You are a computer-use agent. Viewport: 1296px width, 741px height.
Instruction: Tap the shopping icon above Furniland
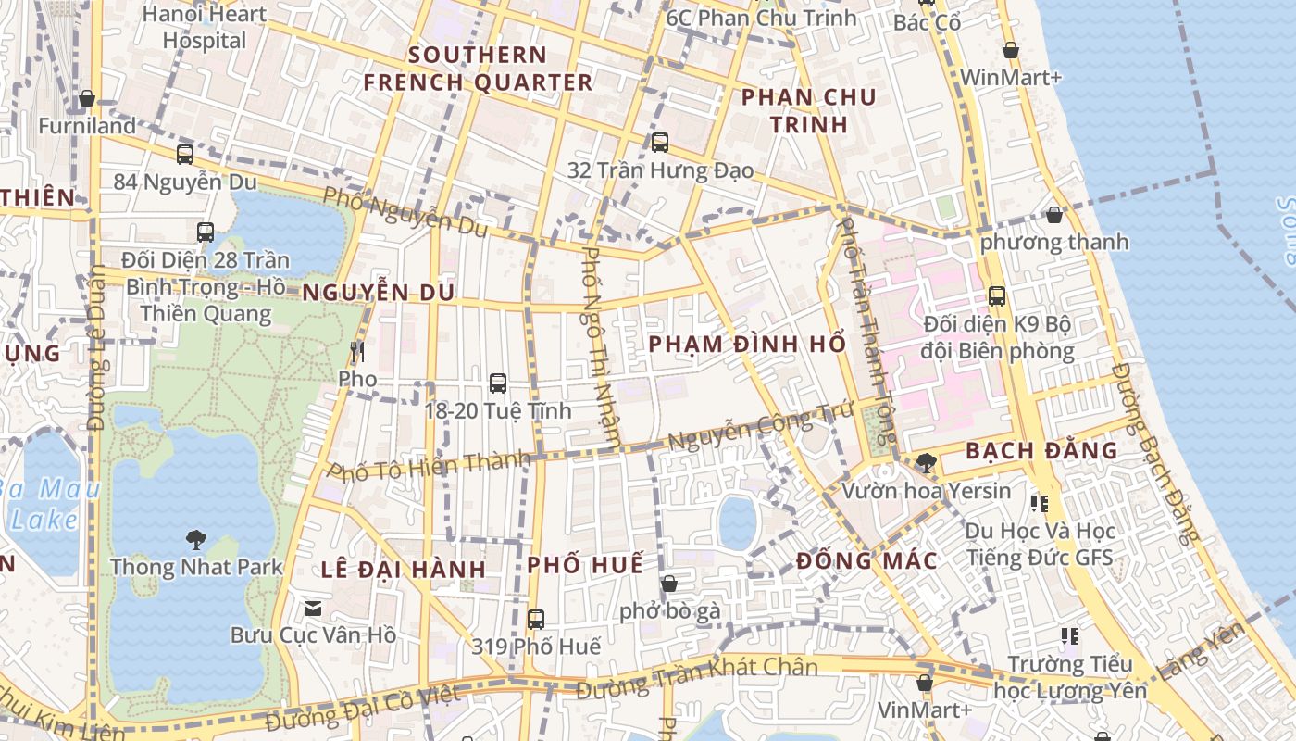pyautogui.click(x=87, y=98)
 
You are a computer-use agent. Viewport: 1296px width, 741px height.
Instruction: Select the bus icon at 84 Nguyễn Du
pyautogui.click(x=185, y=154)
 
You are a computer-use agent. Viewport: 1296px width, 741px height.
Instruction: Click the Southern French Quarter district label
pyautogui.click(x=478, y=69)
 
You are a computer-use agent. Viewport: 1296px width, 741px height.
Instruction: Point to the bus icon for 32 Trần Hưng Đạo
pyautogui.click(x=660, y=143)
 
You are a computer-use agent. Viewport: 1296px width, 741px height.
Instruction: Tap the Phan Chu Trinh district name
pyautogui.click(x=808, y=110)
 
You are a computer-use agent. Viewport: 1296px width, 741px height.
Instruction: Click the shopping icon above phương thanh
pyautogui.click(x=1053, y=215)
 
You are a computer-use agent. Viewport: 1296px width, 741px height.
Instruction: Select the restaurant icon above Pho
pyautogui.click(x=357, y=351)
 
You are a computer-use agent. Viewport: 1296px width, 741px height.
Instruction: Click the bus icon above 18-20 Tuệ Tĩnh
pyautogui.click(x=498, y=383)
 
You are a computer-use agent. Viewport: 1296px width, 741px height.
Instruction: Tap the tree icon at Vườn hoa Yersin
pyautogui.click(x=926, y=462)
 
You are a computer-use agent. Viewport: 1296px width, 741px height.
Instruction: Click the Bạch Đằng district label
pyautogui.click(x=1041, y=451)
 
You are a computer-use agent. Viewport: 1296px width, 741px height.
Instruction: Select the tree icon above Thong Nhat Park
pyautogui.click(x=195, y=538)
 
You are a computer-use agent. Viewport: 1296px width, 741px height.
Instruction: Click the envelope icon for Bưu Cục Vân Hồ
pyautogui.click(x=313, y=608)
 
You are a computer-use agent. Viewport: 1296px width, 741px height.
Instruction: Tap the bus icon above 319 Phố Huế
pyautogui.click(x=536, y=619)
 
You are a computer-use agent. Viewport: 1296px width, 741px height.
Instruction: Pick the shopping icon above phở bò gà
pyautogui.click(x=669, y=584)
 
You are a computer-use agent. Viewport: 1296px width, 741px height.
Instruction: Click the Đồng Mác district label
pyautogui.click(x=866, y=560)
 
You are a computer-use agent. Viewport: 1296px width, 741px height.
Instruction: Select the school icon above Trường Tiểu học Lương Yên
pyautogui.click(x=1070, y=636)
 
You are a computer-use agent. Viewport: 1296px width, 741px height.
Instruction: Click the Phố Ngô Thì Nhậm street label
pyautogui.click(x=602, y=348)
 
